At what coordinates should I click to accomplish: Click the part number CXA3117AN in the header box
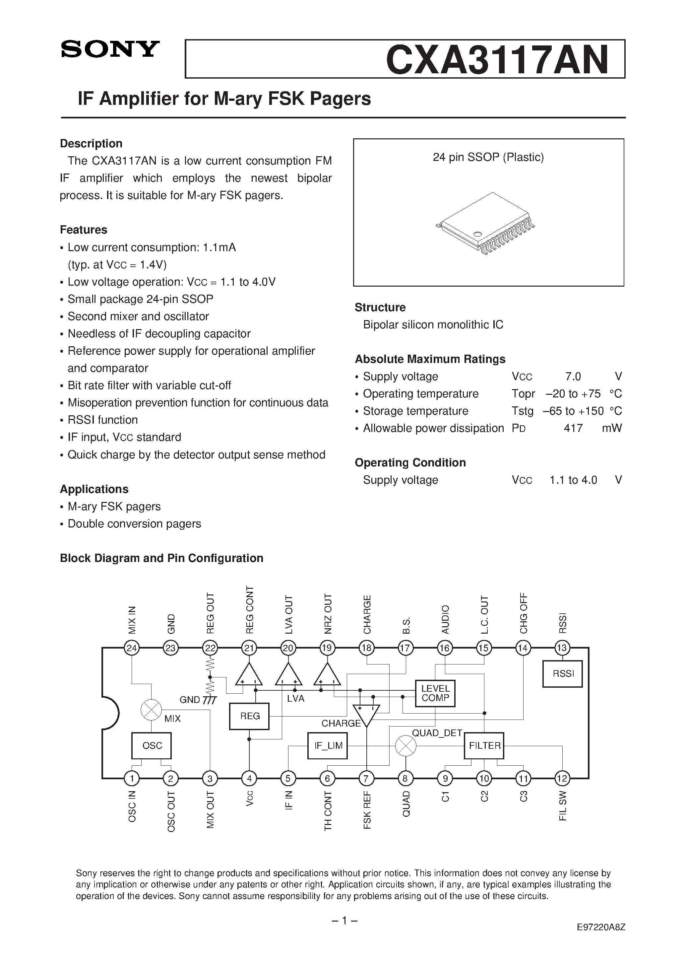click(497, 60)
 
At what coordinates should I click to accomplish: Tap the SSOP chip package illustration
click(488, 224)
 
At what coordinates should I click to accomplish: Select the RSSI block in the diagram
click(563, 673)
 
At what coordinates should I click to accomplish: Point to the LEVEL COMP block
click(435, 693)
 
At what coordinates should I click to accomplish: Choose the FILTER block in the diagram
click(484, 746)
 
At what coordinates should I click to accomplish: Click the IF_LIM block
click(328, 746)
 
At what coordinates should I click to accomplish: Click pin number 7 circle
click(367, 778)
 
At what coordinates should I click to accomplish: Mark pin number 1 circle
click(132, 778)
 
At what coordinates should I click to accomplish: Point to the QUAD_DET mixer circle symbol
click(405, 746)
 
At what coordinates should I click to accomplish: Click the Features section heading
click(84, 230)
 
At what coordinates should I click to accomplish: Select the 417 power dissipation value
click(573, 428)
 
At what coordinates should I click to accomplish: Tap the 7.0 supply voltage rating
click(573, 377)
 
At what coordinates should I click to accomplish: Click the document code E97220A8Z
click(600, 927)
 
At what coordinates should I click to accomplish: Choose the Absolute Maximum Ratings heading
click(430, 359)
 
